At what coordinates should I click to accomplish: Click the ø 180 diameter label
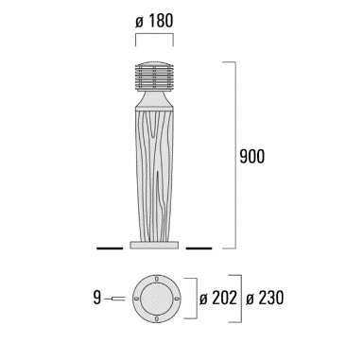coord(154,21)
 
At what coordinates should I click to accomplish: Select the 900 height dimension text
coord(252,156)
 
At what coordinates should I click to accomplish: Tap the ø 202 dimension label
coord(218,298)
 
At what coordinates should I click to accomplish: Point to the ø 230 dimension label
coord(265,298)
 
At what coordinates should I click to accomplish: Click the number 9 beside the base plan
coord(97,298)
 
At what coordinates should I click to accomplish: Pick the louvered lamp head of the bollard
coord(154,77)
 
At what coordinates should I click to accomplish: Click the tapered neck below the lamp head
coord(154,99)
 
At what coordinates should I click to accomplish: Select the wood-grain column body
coord(154,174)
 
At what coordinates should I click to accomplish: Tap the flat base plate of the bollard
coord(154,245)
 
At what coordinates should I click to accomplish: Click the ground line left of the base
coord(110,249)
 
